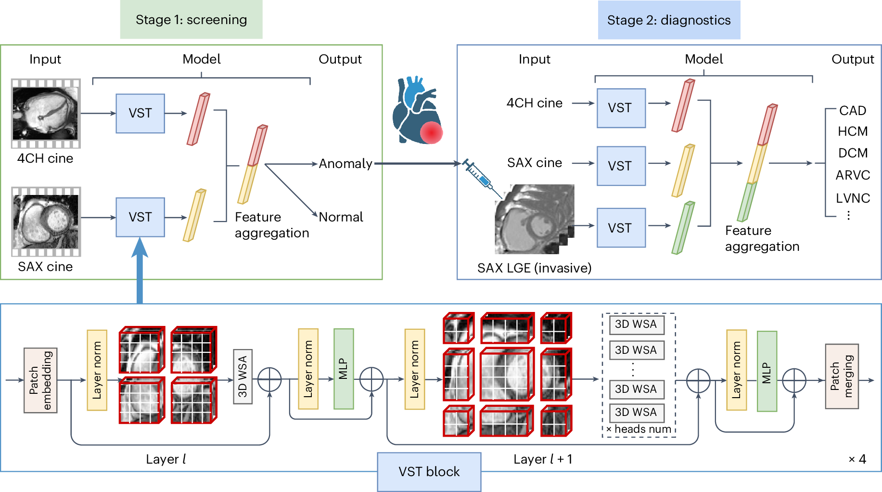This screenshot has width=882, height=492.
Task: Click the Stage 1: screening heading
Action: (191, 20)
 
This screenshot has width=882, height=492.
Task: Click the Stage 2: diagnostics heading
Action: (668, 20)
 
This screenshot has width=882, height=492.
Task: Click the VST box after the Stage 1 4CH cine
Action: (140, 114)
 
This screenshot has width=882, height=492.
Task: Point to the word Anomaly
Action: (345, 164)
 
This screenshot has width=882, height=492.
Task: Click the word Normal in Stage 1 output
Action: (341, 217)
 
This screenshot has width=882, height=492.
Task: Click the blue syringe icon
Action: (479, 176)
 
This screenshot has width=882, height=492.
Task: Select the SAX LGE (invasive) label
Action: (534, 268)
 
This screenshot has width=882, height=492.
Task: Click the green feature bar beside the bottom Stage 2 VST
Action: (683, 227)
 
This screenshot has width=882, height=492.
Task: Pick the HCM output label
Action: (852, 131)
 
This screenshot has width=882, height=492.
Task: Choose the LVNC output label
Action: (853, 198)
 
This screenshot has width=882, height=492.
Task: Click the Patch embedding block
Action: (40, 380)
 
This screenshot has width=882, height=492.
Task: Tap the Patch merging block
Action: (842, 376)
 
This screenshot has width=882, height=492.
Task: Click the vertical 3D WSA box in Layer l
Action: (243, 376)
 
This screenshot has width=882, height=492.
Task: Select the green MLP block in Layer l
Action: (344, 369)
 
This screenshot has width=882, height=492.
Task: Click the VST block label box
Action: (429, 472)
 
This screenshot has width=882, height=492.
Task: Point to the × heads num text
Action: (639, 429)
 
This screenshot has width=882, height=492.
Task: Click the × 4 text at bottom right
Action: (857, 459)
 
